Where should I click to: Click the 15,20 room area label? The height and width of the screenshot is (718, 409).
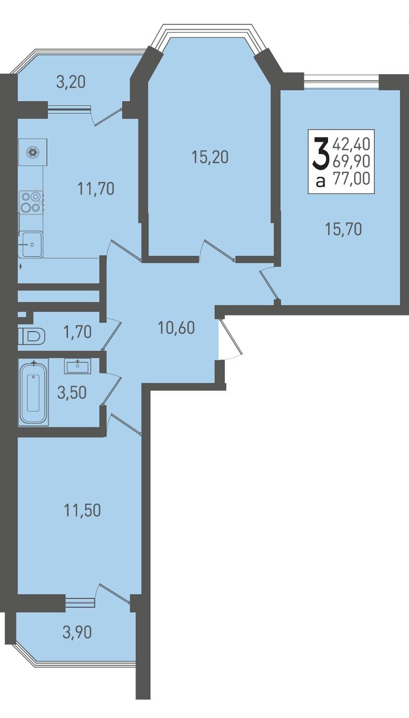pos(210,158)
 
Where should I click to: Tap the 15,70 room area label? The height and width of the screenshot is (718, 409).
pos(343,229)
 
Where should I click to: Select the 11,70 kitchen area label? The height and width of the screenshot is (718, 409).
pos(96,189)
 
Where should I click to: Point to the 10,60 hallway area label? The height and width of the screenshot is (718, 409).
pos(176,328)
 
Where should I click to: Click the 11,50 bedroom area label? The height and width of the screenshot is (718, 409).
pos(83,510)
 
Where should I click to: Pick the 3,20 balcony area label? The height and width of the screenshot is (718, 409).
pos(71,82)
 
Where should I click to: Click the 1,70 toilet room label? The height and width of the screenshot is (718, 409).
pos(77,332)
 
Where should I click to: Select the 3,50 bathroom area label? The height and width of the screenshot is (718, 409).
pos(72,393)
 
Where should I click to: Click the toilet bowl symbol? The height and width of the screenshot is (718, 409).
pos(32,337)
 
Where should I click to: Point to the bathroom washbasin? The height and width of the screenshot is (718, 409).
pos(77,366)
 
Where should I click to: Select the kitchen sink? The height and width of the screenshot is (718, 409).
pos(31,244)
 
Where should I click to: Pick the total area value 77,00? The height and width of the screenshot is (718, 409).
pos(352,178)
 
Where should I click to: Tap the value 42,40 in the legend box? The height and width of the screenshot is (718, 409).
pos(352,144)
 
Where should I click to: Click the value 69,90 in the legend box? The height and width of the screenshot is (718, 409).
pos(352,161)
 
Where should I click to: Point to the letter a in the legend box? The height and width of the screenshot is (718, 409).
pos(321,182)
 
